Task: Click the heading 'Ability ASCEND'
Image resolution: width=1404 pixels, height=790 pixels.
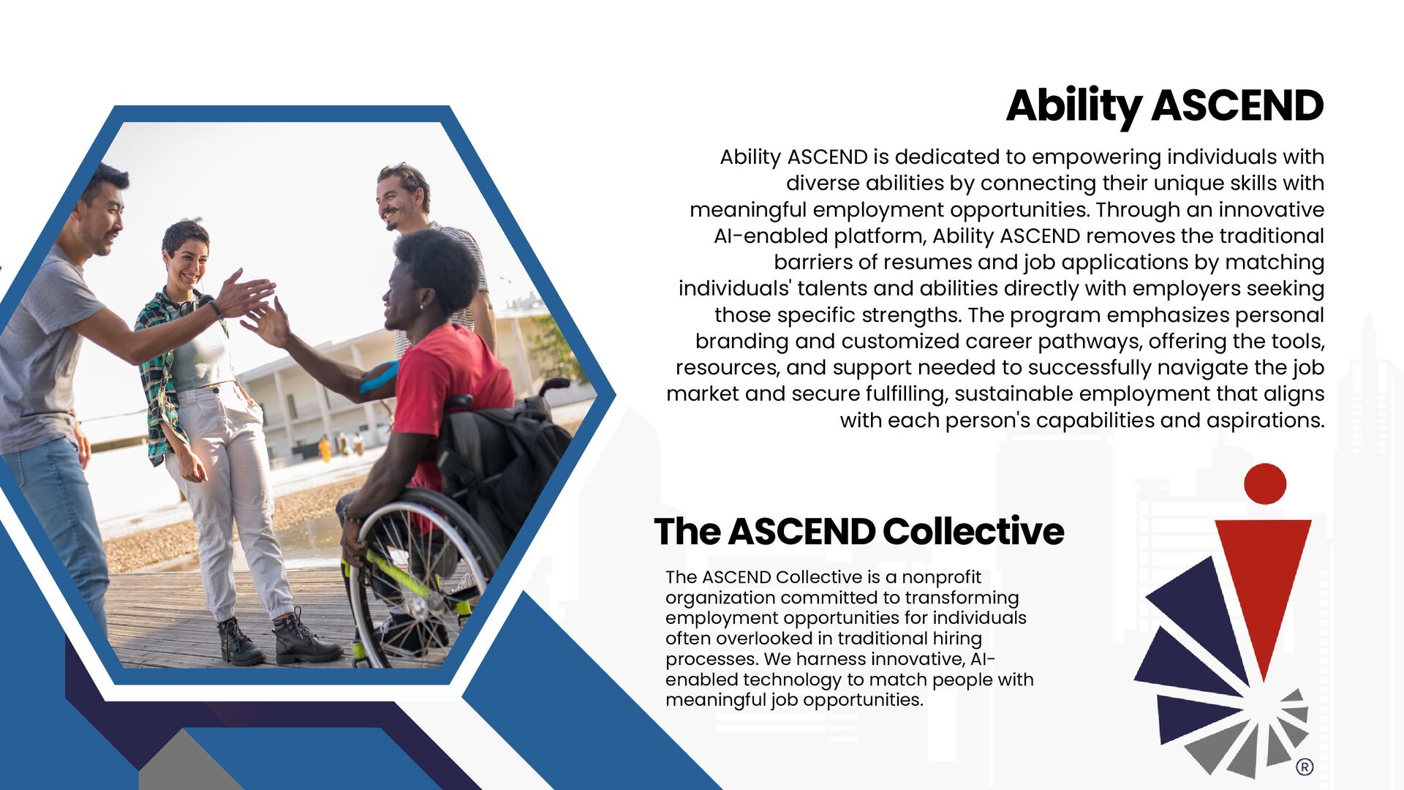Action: click(x=1164, y=106)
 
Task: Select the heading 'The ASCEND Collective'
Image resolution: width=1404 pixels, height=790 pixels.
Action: click(x=858, y=532)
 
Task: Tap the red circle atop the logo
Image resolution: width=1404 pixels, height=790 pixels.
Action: click(x=1264, y=484)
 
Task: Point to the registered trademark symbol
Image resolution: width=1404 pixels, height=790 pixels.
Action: click(x=1305, y=767)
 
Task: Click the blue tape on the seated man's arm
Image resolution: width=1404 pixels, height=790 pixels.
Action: click(x=378, y=377)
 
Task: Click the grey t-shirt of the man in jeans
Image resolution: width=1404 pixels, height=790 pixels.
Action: click(x=40, y=351)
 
